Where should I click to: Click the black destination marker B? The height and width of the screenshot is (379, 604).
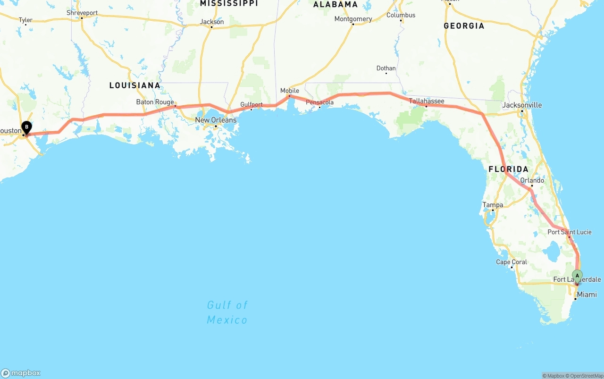coord(27,127)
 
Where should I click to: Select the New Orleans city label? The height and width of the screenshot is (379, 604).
coord(216,120)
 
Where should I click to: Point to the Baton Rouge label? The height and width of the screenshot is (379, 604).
coord(155,102)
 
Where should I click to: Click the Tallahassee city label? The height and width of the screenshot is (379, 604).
coord(426,101)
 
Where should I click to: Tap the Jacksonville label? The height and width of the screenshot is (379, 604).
coord(522,105)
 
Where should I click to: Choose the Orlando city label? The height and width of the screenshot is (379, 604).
coord(532,180)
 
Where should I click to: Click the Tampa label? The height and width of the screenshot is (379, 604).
coord(493,205)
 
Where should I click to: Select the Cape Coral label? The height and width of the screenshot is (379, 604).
coord(511,262)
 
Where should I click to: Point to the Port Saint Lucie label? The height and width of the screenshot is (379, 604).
coord(569,232)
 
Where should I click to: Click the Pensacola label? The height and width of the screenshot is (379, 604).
coord(319,102)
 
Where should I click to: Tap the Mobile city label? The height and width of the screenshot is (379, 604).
coord(290,91)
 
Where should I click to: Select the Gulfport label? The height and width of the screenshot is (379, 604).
coord(251,104)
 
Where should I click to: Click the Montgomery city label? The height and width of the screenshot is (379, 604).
coord(353,19)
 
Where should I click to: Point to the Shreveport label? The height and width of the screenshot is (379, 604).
coord(82,13)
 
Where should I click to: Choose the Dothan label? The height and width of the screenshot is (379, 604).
coord(386,68)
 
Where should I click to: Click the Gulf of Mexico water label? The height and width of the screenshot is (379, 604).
coord(227,312)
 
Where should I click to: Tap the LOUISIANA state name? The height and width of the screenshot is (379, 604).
coord(135,85)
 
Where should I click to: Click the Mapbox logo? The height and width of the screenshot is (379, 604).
coord(21,373)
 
